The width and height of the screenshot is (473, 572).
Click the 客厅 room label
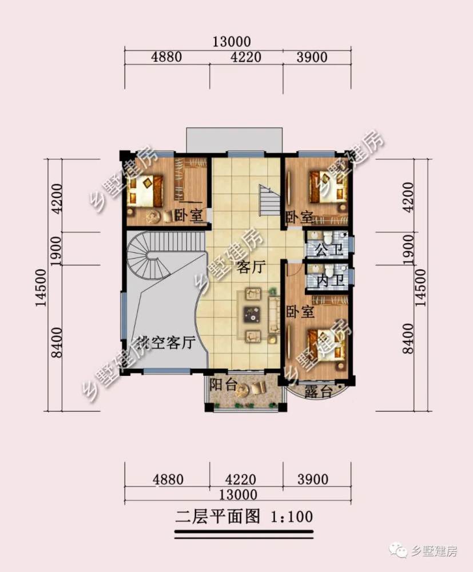tap(250, 268)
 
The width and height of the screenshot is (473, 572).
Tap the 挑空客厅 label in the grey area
tap(165, 343)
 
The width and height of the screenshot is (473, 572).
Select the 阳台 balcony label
tap(222, 384)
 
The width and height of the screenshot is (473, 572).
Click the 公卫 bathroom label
tap(329, 251)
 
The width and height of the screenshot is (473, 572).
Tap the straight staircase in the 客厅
tap(269, 200)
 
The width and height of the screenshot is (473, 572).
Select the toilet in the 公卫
tap(329, 238)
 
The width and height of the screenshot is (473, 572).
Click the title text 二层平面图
tap(218, 517)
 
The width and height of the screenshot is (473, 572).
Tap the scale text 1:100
tap(291, 517)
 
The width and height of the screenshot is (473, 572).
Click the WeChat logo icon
tap(398, 550)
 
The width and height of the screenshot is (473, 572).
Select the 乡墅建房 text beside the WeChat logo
tap(433, 551)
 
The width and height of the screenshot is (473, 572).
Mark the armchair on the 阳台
tap(259, 388)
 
